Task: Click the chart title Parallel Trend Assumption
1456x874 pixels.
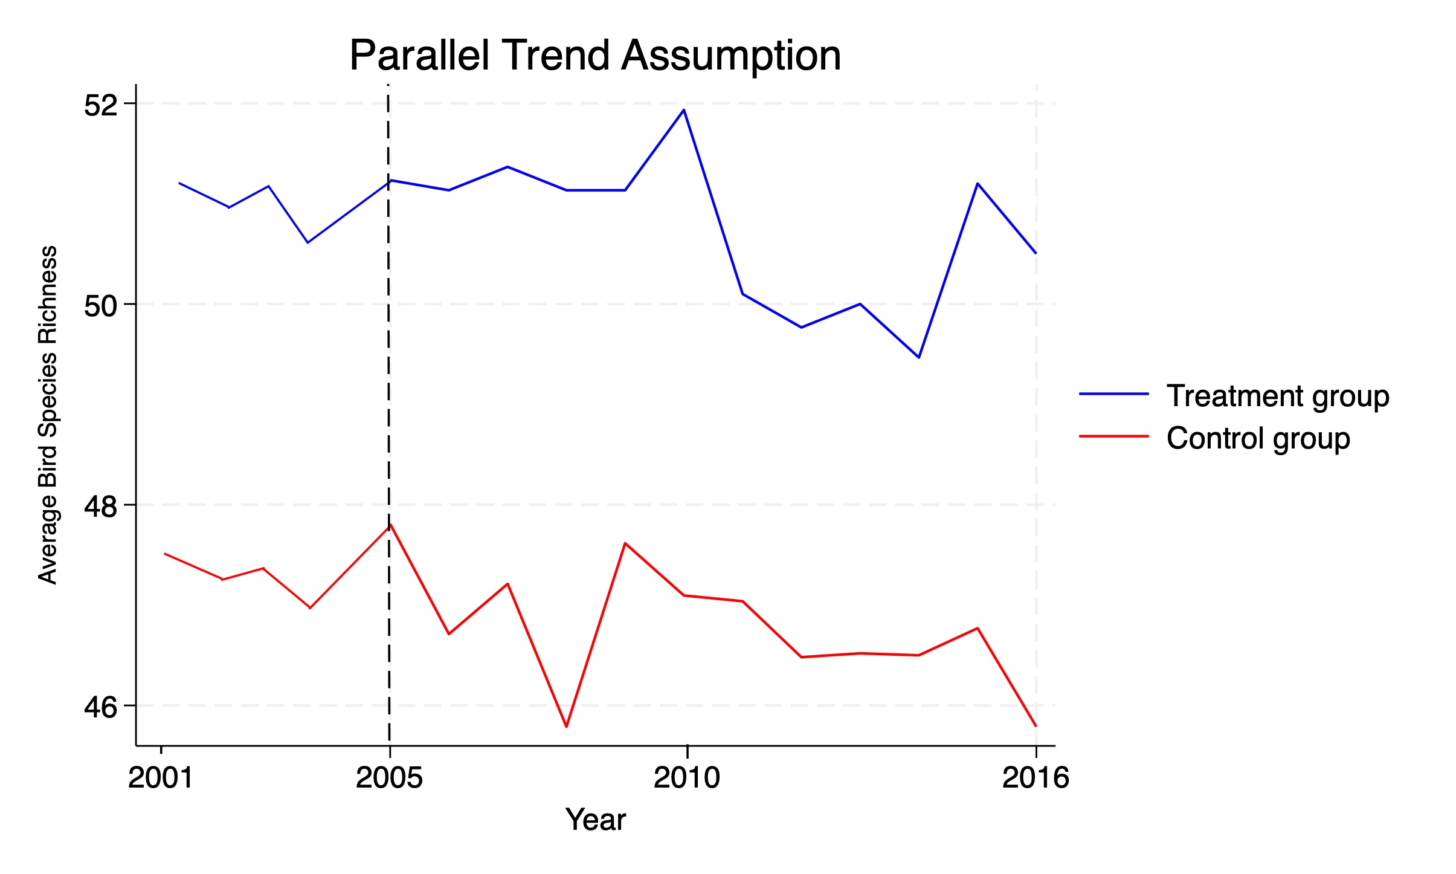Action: (x=595, y=56)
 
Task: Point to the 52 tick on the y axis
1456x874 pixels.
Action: (x=100, y=105)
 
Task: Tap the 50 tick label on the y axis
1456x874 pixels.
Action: (x=100, y=306)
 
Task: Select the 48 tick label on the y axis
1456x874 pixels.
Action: (x=100, y=507)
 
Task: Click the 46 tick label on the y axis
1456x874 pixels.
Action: (x=100, y=707)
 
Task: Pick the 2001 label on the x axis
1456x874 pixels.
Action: (x=161, y=778)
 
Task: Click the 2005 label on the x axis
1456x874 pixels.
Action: (x=389, y=778)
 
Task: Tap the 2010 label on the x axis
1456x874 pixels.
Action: (x=687, y=778)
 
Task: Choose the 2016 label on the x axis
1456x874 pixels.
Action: (x=1036, y=778)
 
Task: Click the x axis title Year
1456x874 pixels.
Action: (x=596, y=820)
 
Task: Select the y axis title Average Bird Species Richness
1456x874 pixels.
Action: (x=48, y=415)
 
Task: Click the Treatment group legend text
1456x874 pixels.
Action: (x=1278, y=396)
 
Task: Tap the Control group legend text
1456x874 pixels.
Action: (x=1258, y=438)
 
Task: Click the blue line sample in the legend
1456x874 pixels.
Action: (x=1113, y=394)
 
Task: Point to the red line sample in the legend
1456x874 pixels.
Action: (x=1113, y=436)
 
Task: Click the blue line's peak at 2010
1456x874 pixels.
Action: (x=683, y=110)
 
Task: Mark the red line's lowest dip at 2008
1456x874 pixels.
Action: (x=566, y=727)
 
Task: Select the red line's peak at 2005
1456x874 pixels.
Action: (x=390, y=525)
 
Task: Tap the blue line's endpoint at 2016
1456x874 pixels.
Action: (x=1036, y=253)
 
